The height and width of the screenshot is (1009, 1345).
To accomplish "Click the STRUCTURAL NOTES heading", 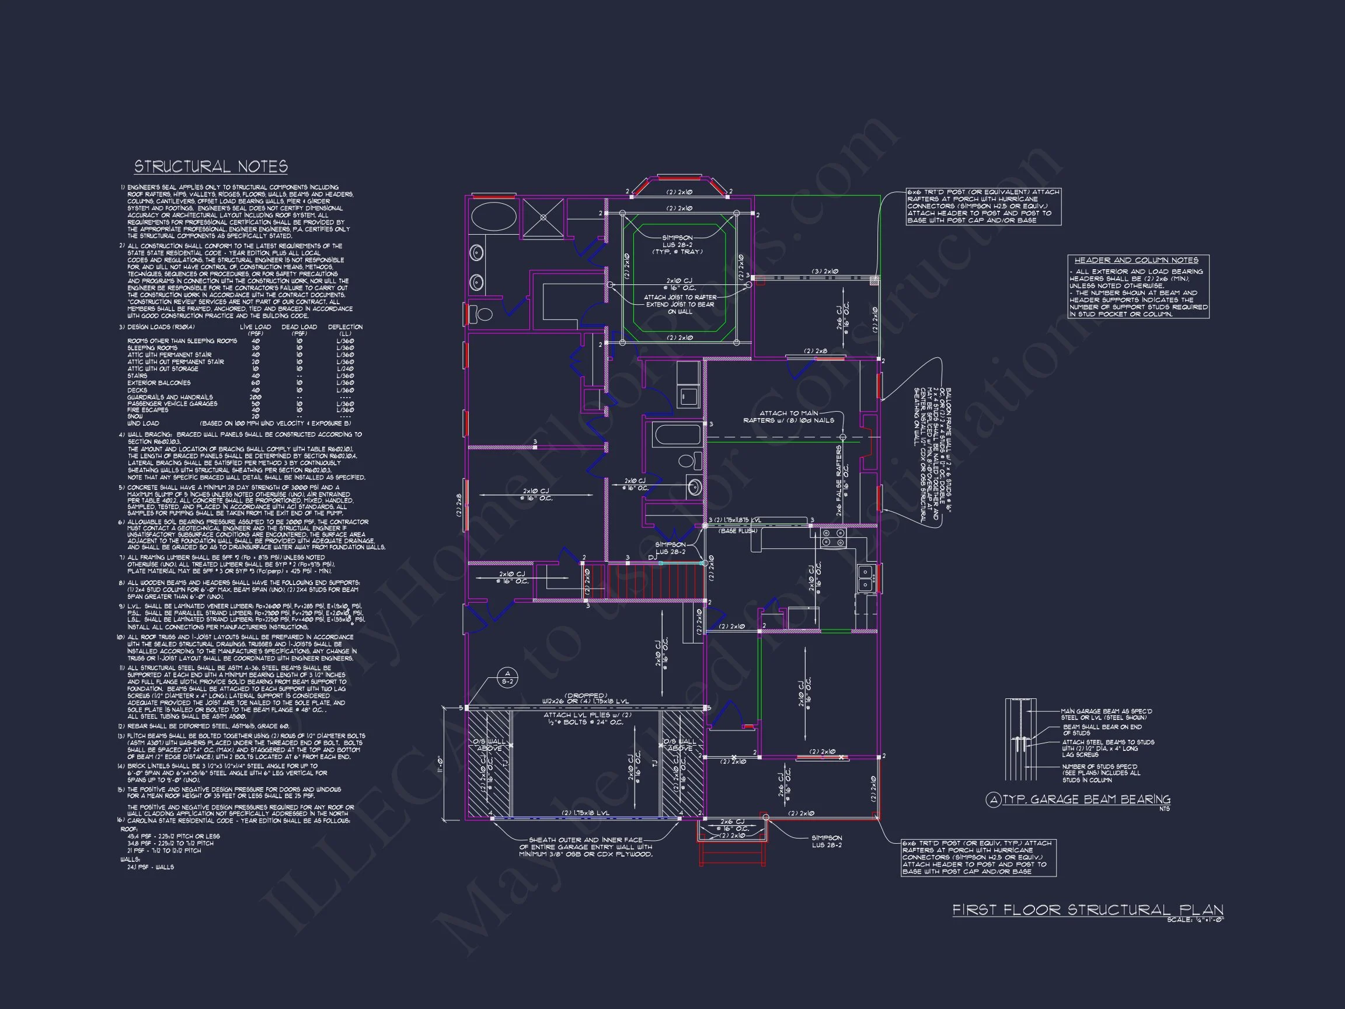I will (210, 166).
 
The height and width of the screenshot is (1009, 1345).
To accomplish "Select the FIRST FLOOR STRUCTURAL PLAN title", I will (1087, 910).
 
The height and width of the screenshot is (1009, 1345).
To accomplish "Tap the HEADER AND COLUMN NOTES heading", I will (1136, 260).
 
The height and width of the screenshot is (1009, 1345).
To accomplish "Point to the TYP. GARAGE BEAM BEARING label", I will (1086, 799).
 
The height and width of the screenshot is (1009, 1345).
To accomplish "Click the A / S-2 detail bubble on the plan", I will (507, 677).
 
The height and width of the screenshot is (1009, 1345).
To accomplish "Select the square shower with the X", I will (543, 217).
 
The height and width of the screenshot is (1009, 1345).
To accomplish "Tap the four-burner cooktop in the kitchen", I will (834, 538).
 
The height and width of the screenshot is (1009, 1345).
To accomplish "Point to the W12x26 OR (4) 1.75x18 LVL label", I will (586, 701).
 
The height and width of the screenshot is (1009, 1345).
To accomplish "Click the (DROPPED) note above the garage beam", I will (586, 694).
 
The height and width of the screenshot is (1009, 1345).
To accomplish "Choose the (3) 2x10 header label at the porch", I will (825, 272).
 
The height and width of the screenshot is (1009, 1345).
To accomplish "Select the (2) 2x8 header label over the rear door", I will (816, 351).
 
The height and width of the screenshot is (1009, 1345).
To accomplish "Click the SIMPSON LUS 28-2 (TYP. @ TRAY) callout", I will (677, 244).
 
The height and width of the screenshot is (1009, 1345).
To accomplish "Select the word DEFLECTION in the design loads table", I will (345, 327).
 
